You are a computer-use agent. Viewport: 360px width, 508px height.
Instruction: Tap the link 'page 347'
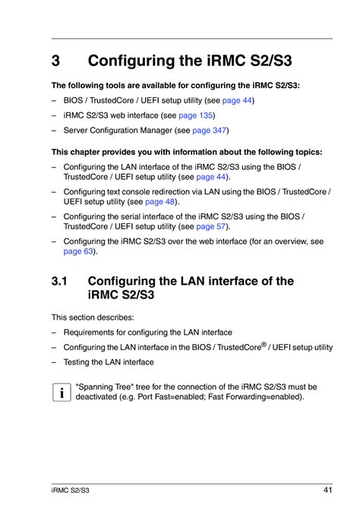(210, 131)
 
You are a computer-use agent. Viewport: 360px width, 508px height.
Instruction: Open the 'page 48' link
(159, 201)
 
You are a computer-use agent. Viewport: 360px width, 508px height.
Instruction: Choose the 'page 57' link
(210, 226)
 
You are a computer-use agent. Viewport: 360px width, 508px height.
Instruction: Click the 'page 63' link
(78, 251)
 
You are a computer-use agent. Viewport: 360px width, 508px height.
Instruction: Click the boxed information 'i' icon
(58, 392)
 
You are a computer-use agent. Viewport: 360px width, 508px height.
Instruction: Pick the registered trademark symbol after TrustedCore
(264, 343)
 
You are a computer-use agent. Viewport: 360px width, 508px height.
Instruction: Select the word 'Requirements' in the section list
(90, 332)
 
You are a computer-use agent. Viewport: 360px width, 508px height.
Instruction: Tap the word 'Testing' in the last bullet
(77, 362)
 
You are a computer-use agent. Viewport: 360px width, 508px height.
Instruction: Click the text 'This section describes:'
(93, 317)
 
